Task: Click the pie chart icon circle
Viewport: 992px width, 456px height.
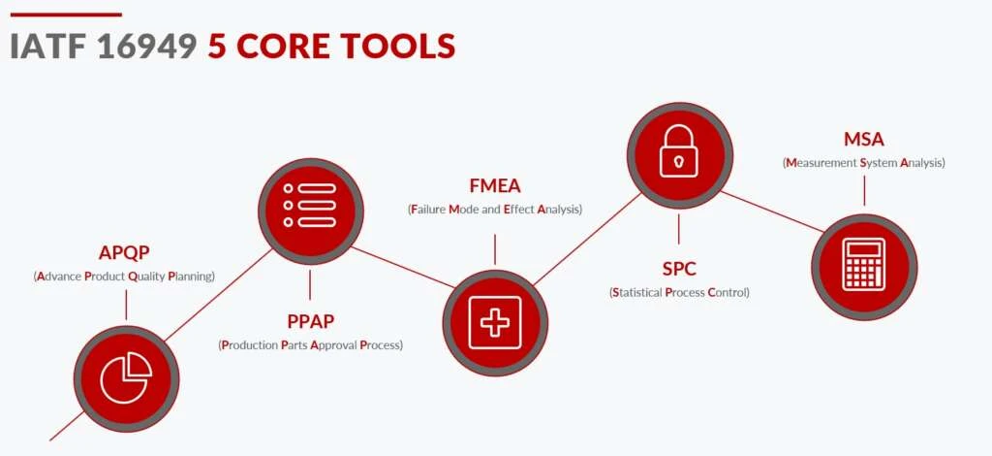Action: (127, 378)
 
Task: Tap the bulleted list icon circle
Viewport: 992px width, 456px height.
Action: (311, 211)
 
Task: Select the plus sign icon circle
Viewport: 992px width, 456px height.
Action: (495, 322)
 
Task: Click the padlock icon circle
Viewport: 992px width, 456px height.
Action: (679, 155)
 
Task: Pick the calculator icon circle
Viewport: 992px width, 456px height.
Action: (864, 267)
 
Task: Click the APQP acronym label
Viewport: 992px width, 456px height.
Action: (124, 252)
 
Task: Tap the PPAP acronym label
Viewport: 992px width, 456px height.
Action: (311, 322)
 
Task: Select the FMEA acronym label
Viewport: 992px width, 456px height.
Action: (495, 185)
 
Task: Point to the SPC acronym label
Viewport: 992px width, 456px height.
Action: (679, 269)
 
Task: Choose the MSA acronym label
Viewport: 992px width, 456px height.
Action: (863, 140)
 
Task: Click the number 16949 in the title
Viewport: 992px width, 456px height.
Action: (147, 47)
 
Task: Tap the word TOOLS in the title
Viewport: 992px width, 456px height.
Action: (398, 47)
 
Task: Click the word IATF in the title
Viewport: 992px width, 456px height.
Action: (48, 47)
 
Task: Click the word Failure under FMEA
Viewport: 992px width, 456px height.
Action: (427, 209)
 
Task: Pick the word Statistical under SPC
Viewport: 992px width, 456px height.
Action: (636, 293)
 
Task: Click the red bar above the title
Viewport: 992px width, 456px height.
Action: (66, 14)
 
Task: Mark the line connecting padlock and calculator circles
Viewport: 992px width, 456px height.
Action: (772, 211)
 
